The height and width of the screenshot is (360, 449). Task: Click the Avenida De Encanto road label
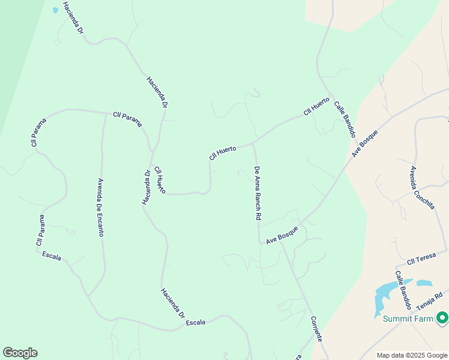(x=100, y=207)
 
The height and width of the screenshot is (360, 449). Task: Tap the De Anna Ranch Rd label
(x=258, y=193)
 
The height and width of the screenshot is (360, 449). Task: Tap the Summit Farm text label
(x=408, y=319)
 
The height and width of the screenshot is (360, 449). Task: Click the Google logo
(x=20, y=353)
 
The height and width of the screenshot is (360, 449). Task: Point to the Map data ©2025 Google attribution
(x=411, y=355)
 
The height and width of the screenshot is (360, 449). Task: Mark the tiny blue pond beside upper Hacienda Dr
(x=56, y=10)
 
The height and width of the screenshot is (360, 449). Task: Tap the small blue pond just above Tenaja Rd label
(x=424, y=283)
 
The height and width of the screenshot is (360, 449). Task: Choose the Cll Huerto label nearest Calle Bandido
(x=316, y=106)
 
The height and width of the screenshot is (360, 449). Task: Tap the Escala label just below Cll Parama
(x=52, y=256)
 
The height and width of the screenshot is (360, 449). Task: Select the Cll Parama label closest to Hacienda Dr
(x=128, y=118)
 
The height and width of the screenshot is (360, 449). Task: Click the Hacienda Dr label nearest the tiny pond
(x=73, y=20)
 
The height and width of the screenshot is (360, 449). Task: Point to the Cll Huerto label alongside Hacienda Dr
(x=160, y=179)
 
